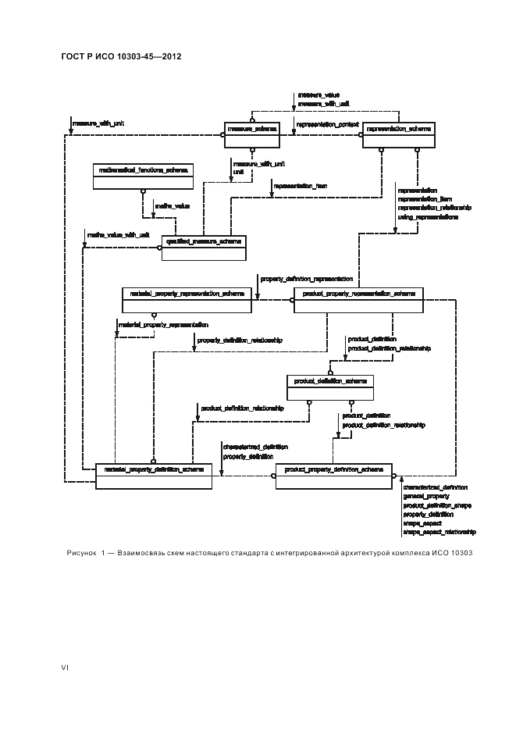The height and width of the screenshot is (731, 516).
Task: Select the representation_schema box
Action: click(x=398, y=134)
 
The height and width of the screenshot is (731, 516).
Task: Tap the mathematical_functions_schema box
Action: click(x=142, y=177)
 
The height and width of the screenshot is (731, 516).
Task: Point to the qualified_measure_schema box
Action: click(x=203, y=247)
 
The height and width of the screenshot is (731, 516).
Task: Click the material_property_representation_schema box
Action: click(x=187, y=301)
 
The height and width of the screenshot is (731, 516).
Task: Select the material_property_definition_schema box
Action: click(x=153, y=476)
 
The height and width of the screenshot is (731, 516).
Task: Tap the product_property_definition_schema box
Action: click(x=333, y=476)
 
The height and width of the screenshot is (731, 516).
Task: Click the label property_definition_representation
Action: click(x=306, y=278)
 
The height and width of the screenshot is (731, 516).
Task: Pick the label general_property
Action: click(x=425, y=497)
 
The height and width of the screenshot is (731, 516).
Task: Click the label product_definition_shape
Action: click(x=436, y=506)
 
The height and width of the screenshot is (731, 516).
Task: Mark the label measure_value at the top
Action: click(x=318, y=94)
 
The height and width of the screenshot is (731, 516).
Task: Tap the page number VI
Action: click(x=66, y=668)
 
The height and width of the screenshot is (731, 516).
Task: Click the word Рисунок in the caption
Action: click(x=82, y=554)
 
